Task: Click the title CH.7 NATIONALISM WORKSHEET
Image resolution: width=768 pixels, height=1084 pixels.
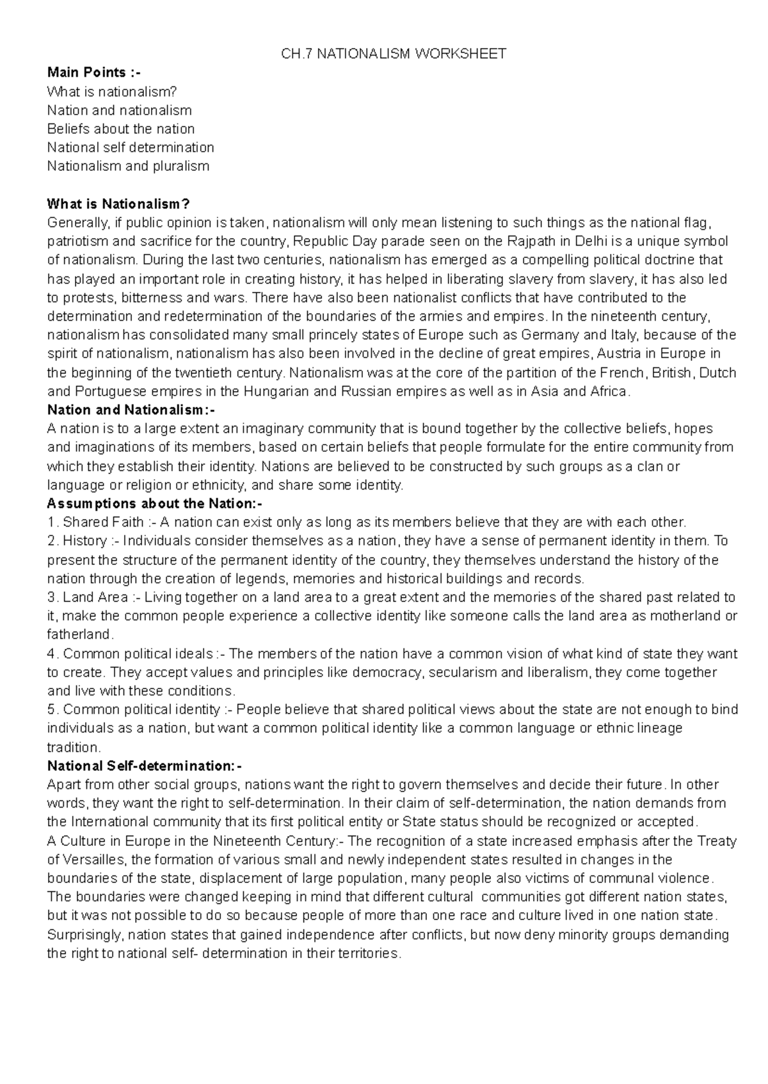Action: point(393,54)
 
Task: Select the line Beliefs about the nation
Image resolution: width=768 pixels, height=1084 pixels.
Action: point(121,129)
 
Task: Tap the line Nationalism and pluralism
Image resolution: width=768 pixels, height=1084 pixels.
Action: point(128,166)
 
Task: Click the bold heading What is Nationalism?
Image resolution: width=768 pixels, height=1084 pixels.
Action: point(119,204)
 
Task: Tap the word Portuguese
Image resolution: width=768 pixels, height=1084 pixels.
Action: point(110,391)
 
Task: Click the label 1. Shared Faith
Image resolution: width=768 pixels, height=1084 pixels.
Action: point(98,522)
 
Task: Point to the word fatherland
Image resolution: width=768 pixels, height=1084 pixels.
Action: point(79,635)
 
